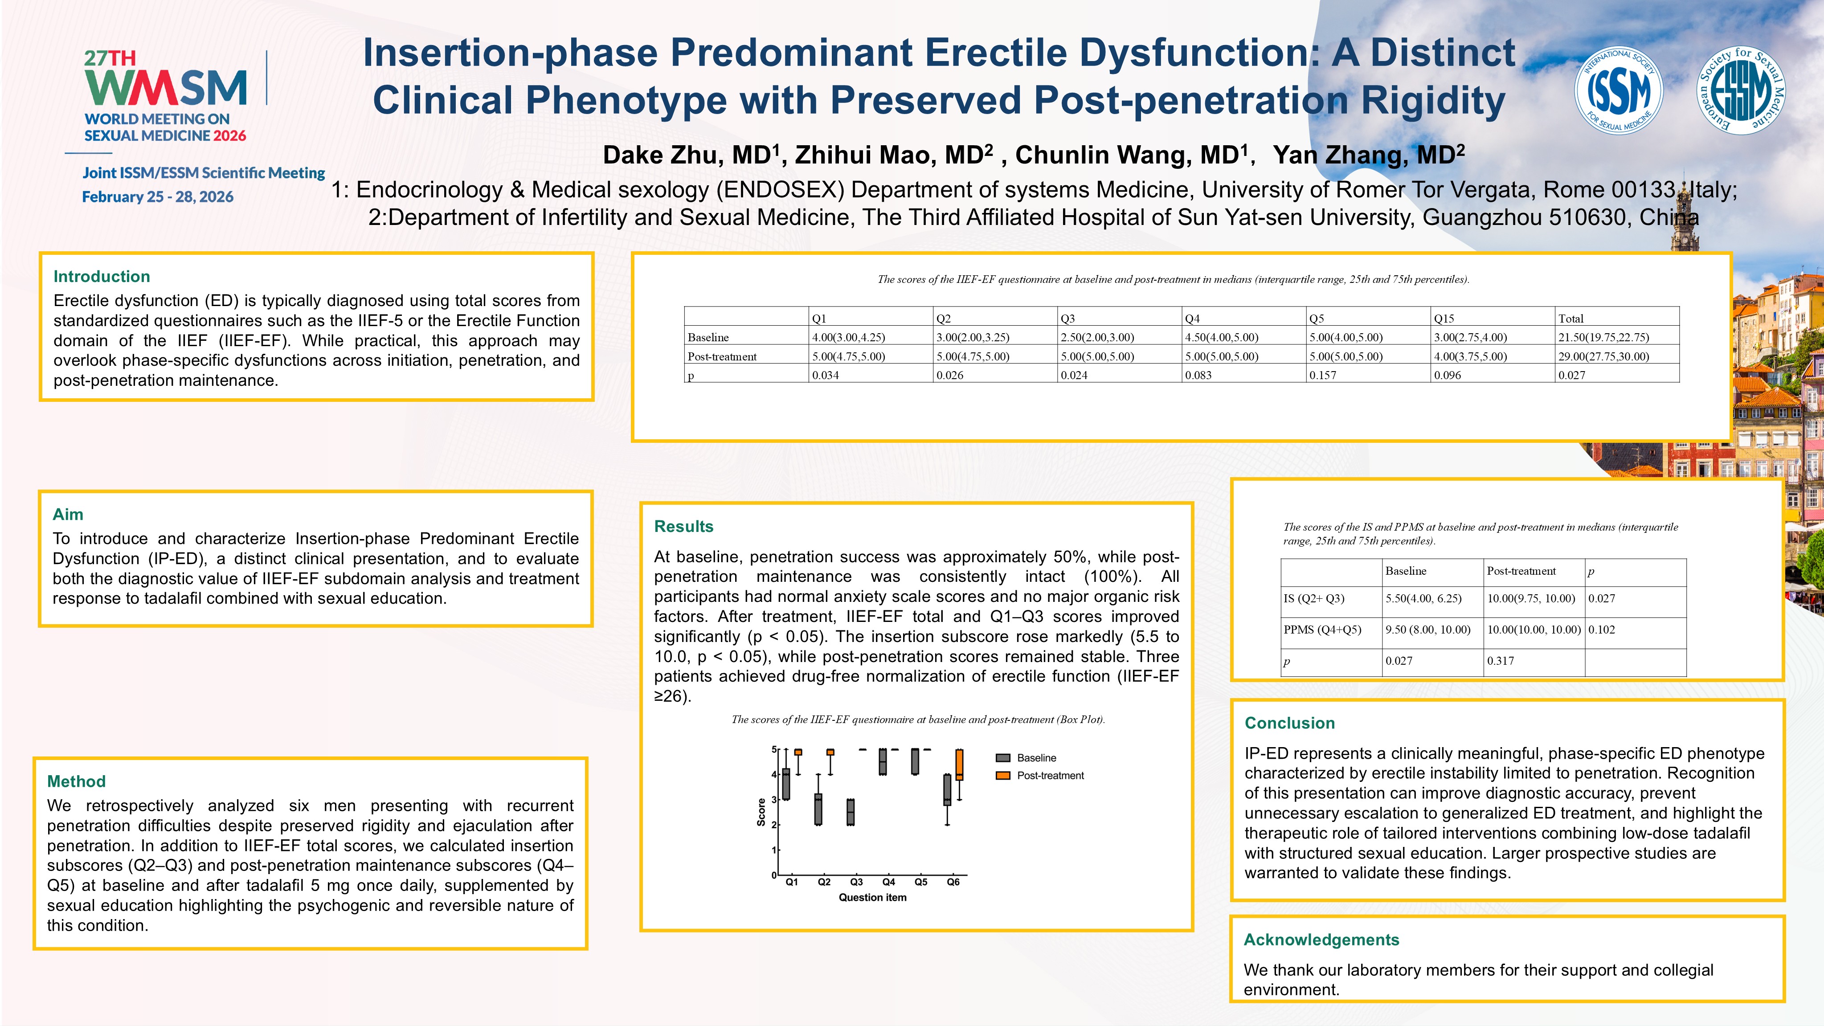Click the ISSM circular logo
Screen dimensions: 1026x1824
1618,90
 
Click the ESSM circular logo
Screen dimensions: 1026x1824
1741,90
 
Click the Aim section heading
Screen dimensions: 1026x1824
68,514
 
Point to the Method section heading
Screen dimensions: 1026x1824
77,781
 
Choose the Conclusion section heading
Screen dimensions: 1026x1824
1289,723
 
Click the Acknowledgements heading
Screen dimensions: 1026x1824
1321,940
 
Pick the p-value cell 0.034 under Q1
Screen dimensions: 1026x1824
826,375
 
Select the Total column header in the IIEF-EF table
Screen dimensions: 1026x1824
1570,319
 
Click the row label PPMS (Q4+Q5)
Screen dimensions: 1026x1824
1322,629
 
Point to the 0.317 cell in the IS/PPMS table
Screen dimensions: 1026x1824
1501,661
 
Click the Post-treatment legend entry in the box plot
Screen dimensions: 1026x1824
1050,775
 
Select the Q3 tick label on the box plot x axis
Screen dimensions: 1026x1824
856,882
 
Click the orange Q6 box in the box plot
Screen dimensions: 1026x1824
959,765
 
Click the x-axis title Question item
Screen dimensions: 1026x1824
872,898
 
